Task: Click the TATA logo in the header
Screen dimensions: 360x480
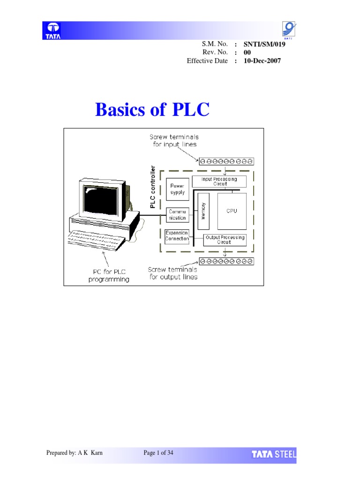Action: click(x=52, y=30)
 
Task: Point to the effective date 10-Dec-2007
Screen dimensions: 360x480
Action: click(x=262, y=60)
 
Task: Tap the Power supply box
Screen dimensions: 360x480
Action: click(x=177, y=189)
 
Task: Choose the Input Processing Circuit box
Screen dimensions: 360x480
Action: click(x=219, y=181)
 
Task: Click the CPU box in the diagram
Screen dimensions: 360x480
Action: click(x=232, y=211)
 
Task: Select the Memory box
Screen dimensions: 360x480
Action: click(x=203, y=211)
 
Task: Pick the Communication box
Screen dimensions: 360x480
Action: click(x=177, y=215)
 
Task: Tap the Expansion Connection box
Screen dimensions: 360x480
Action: click(x=177, y=236)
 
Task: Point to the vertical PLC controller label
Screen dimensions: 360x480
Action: click(x=152, y=186)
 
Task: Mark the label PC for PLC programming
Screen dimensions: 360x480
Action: click(x=109, y=275)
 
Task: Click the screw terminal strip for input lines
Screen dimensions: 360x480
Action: click(x=226, y=161)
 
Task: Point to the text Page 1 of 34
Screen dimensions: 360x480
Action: click(x=158, y=453)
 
